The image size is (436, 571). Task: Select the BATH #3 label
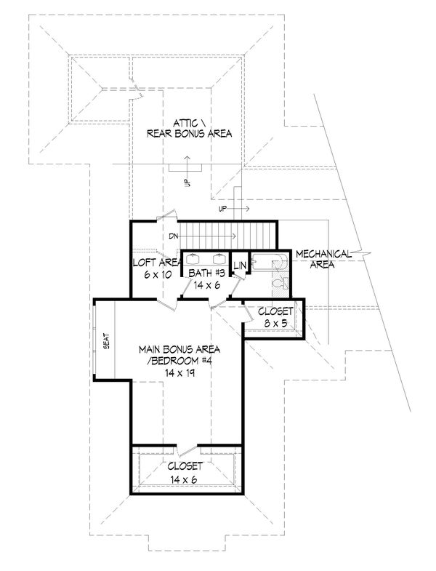205,273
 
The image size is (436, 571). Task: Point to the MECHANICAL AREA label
324,259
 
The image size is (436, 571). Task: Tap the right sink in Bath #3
218,257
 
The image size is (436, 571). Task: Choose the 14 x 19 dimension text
181,372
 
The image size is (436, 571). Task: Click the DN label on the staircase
175,236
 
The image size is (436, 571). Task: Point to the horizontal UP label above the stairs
224,209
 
